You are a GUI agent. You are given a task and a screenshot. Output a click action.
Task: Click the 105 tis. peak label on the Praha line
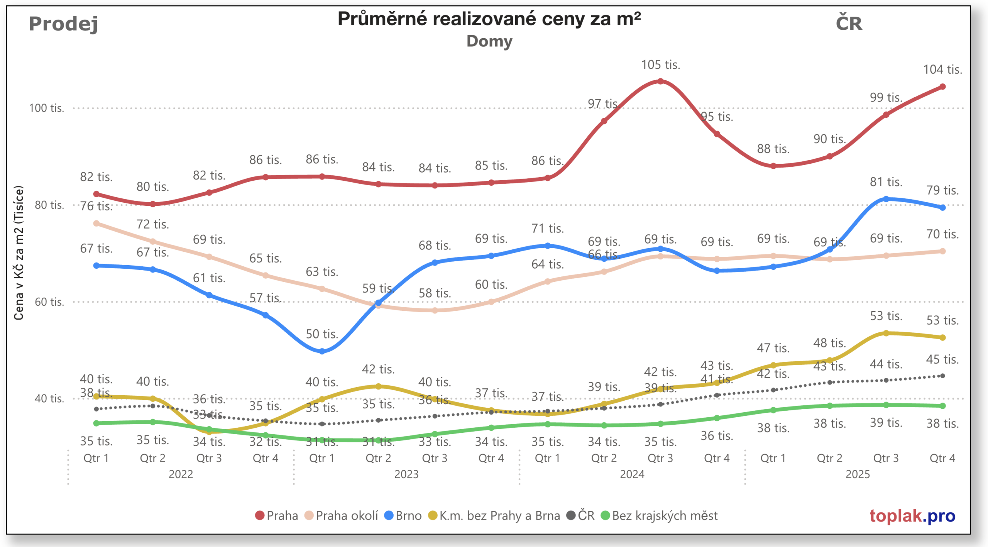660,65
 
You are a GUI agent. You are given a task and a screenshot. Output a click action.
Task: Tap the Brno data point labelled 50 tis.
322,351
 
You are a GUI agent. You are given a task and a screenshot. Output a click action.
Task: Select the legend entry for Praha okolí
341,515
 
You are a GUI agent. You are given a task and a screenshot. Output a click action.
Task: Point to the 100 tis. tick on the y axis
46,108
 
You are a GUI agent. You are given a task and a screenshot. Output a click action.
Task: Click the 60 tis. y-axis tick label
49,302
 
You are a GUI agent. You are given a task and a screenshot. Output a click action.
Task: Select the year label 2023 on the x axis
406,474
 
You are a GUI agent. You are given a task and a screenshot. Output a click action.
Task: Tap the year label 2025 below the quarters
857,474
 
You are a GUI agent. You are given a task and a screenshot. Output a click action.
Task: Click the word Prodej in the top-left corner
63,24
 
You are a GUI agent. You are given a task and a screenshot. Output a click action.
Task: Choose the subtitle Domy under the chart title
489,41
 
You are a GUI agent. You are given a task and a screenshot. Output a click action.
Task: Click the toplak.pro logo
912,515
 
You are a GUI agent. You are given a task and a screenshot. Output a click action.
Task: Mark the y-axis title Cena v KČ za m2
19,253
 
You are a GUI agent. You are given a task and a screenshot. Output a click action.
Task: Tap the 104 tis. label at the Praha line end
942,69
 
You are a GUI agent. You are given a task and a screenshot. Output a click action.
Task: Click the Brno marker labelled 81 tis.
886,199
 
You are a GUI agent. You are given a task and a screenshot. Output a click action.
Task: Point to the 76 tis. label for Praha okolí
96,206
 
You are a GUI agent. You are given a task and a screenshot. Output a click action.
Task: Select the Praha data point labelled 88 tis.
773,166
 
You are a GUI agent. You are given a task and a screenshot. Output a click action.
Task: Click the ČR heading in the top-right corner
849,23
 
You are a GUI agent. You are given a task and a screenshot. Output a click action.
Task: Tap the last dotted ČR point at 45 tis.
942,376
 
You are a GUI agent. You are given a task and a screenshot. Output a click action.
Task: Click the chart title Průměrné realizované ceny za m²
489,19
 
